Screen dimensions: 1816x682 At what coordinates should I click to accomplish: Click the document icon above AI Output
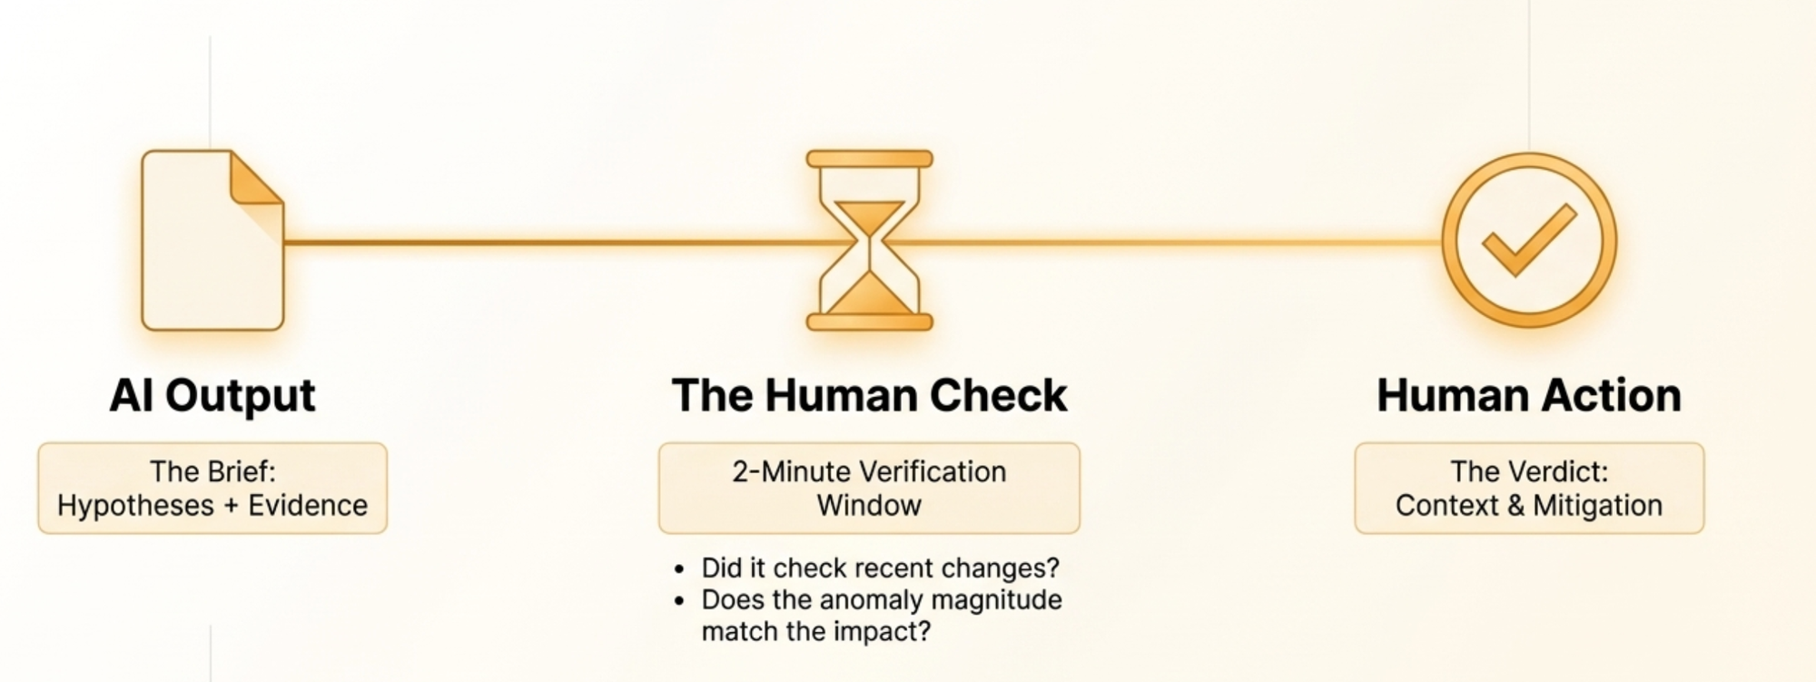tap(212, 241)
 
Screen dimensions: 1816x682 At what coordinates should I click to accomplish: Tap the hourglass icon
tap(870, 241)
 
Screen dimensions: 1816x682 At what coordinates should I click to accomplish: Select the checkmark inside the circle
tap(1529, 239)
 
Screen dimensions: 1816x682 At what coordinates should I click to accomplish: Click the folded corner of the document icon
tap(257, 178)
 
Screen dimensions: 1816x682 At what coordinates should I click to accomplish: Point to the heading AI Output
tap(212, 396)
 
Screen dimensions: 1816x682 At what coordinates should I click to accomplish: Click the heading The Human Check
tap(870, 396)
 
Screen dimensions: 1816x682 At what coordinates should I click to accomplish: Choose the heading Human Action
tap(1529, 396)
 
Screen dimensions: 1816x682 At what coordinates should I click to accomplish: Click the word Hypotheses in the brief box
tap(135, 505)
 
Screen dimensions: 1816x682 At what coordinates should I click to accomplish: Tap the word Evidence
tap(308, 505)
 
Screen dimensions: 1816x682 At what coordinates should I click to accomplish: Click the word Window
tap(869, 505)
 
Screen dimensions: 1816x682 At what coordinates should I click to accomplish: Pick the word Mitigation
tap(1598, 505)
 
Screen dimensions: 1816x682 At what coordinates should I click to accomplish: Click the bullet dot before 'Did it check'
tap(679, 570)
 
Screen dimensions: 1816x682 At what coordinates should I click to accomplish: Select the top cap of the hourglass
tap(870, 159)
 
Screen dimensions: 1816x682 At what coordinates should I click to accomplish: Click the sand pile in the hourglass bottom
tap(870, 293)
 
